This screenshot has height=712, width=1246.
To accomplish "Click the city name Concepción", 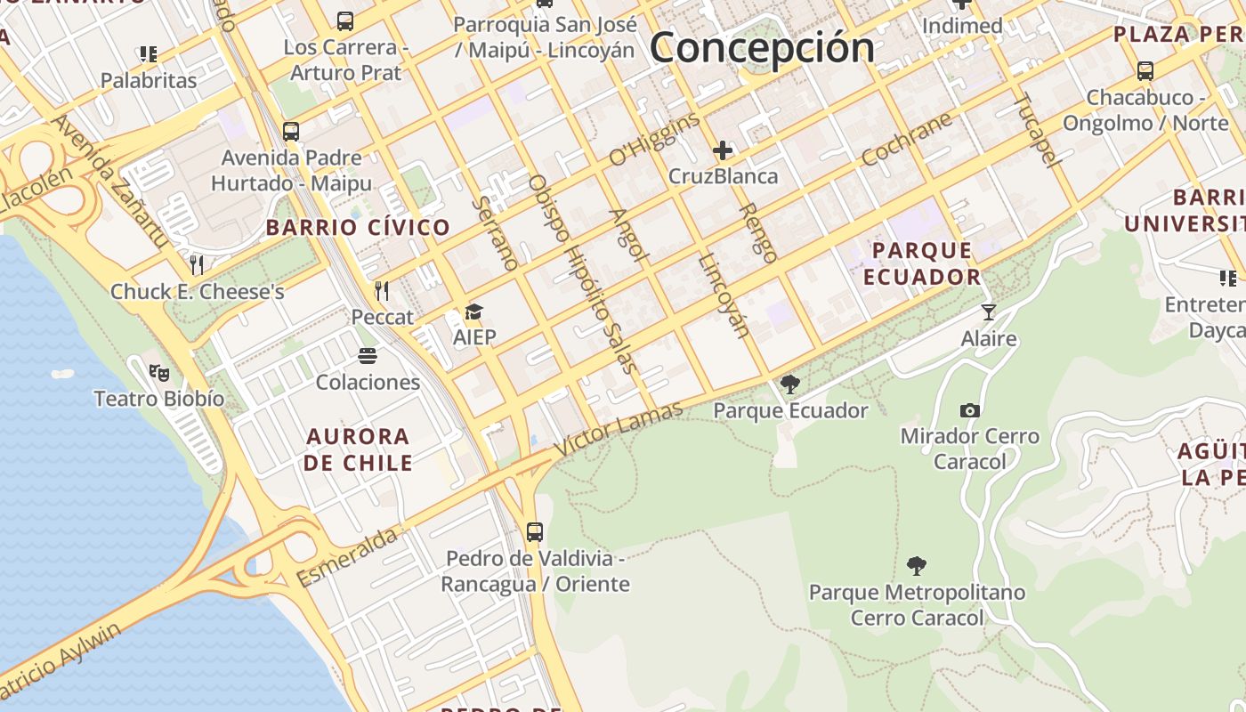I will click(x=762, y=48).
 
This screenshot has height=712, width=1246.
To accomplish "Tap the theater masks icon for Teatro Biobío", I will click(x=159, y=373).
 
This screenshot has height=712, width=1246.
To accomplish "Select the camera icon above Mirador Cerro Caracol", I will click(x=970, y=410).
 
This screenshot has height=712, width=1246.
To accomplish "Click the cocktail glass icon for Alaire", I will click(x=988, y=311).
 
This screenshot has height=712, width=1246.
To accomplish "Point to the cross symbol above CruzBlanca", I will click(x=723, y=150).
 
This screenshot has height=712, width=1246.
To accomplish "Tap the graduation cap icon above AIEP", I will click(x=473, y=311).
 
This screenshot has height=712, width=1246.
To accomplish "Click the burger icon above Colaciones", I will click(x=368, y=356).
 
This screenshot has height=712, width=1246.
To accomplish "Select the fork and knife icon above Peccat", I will click(x=382, y=290).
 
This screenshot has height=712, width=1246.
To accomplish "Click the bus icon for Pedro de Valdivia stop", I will click(x=534, y=532).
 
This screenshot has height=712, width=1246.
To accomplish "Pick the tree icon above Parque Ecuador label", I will click(x=789, y=384).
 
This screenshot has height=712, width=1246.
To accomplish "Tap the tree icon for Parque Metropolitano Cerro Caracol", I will click(x=917, y=566).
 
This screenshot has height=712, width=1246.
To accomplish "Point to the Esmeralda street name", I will click(x=347, y=556).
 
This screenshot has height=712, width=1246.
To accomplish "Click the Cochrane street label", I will click(x=906, y=139).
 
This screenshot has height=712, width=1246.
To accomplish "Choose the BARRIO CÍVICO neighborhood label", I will click(x=358, y=227).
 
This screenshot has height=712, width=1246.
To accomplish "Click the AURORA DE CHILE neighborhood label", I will click(x=358, y=449).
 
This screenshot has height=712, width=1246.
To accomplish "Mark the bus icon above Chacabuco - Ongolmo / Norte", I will click(x=1145, y=70).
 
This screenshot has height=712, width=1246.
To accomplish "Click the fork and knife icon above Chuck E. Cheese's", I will click(x=197, y=264).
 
